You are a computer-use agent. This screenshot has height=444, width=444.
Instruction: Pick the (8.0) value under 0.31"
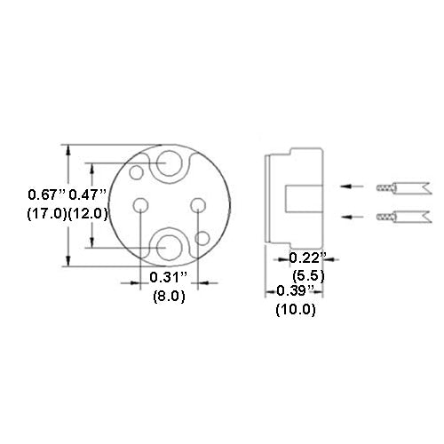pos(166,297)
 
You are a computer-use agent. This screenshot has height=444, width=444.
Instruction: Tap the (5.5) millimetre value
pos(307,275)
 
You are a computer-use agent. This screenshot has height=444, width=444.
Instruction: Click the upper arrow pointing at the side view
pos(353,186)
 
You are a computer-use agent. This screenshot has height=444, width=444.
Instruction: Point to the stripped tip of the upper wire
pos(385,187)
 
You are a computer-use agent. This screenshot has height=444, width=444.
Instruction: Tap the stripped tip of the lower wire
pos(385,217)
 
